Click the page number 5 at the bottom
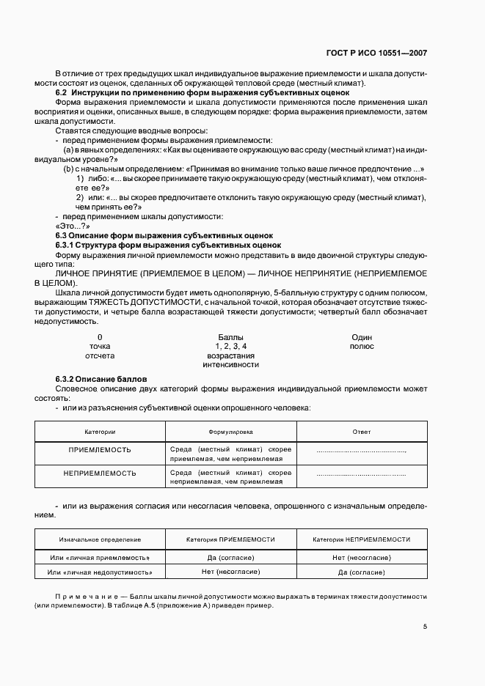pos(426,627)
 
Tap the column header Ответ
pos(361,432)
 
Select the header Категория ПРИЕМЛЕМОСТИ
pos(230,539)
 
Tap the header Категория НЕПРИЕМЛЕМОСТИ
pos(361,539)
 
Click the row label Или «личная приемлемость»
pos(100,558)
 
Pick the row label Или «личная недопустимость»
pos(100,572)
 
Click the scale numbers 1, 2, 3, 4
pos(231,346)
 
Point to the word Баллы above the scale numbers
pos(231,336)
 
